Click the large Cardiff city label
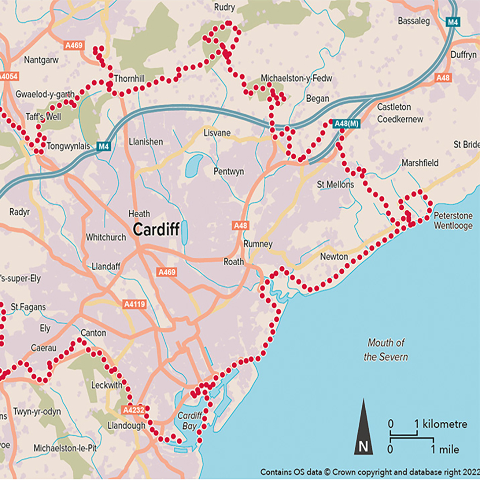click(156, 230)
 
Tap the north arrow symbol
click(363, 427)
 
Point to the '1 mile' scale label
click(446, 449)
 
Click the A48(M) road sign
click(346, 123)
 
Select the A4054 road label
click(7, 77)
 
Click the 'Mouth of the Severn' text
click(386, 350)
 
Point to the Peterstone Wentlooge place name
click(453, 220)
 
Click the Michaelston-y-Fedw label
click(296, 78)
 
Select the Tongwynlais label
click(68, 147)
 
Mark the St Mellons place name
click(335, 184)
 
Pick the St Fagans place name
click(28, 307)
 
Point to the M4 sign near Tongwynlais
click(103, 147)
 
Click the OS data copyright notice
click(369, 471)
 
